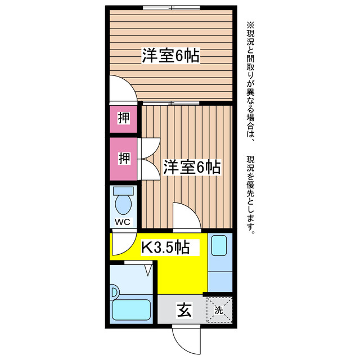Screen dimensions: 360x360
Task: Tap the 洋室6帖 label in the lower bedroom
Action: click(x=191, y=167)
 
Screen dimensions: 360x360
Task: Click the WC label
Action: click(x=123, y=222)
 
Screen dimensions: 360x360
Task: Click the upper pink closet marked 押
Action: click(x=123, y=118)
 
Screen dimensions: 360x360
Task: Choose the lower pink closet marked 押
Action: click(x=124, y=158)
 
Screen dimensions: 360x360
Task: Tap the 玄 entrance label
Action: click(x=183, y=309)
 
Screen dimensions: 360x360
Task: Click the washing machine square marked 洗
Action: click(x=219, y=309)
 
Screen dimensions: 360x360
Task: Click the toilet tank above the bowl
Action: click(x=123, y=190)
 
